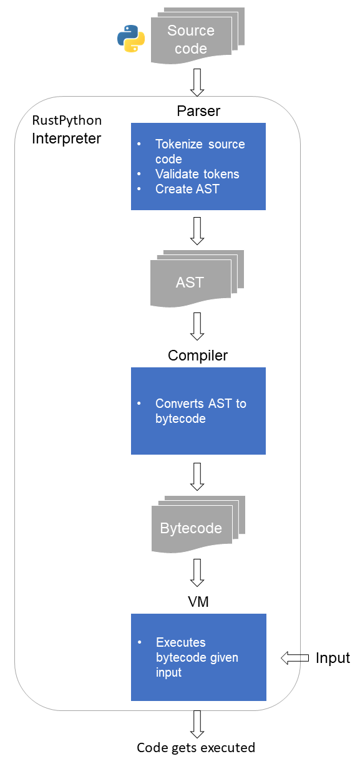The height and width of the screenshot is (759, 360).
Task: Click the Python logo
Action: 131,39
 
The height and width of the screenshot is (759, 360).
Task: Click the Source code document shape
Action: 197,36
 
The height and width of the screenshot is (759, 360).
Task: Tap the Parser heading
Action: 198,111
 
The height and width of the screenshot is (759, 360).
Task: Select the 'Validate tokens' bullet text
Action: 197,174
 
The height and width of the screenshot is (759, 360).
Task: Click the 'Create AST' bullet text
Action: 187,189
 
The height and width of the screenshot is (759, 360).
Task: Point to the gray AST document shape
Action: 197,279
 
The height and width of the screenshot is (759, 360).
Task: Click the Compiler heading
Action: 198,355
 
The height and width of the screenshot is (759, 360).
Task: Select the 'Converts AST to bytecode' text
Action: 201,410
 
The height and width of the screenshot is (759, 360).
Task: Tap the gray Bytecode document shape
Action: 198,524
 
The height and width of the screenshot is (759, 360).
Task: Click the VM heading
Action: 198,602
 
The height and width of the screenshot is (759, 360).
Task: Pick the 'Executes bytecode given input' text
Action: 197,657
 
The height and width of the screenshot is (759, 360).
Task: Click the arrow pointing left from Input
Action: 294,658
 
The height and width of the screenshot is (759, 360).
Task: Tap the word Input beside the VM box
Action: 333,658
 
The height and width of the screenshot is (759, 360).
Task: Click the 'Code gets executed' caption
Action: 196,748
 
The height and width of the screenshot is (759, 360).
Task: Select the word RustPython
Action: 67,120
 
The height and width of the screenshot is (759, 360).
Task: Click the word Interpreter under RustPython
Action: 66,138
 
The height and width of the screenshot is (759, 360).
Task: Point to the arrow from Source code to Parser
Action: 197,83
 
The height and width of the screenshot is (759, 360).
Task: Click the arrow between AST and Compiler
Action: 197,326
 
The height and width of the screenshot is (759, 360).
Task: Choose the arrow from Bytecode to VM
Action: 197,573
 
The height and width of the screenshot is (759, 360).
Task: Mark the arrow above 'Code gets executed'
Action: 197,725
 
